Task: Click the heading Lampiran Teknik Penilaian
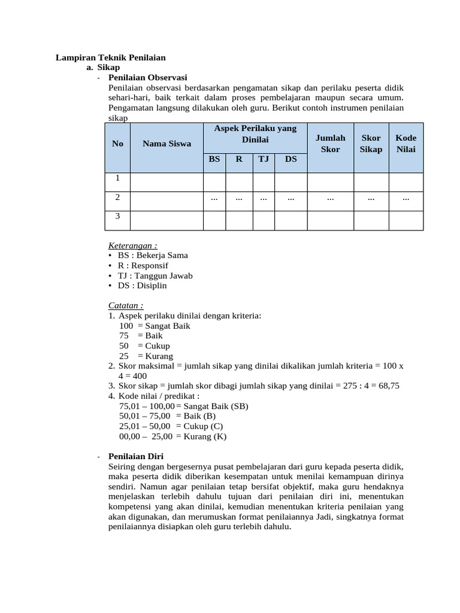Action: coord(110,57)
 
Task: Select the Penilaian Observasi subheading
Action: coord(147,77)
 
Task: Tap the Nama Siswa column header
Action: coord(167,144)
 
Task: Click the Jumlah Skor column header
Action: coord(330,144)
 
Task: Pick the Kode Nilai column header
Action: coord(405,144)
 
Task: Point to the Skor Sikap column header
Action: coord(370,144)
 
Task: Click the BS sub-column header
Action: coord(214,159)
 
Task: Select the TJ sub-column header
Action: coord(263,159)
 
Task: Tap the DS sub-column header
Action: coord(290,159)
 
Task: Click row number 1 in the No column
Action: coord(117,178)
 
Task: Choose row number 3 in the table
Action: coord(117,216)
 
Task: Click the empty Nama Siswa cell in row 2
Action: coord(167,201)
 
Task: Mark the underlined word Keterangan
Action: coord(132,245)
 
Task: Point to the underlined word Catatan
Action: coord(126,305)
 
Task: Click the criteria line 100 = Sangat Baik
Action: coord(155,326)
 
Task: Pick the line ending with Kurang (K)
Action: coord(172,436)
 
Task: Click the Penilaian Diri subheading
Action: coord(136,456)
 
